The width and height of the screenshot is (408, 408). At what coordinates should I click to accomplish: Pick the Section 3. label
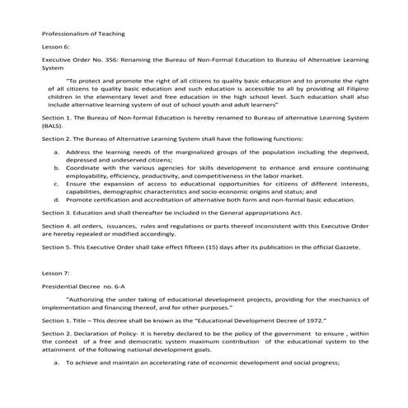[58, 212]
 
